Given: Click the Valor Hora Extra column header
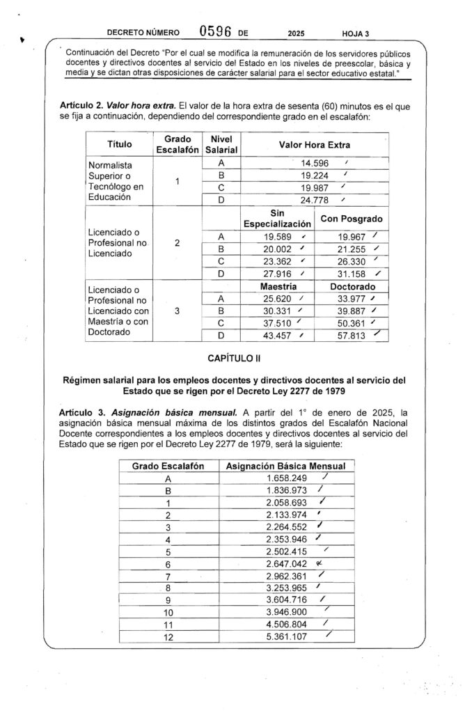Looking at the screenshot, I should click(315, 144).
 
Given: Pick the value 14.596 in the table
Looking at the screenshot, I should click(306, 164).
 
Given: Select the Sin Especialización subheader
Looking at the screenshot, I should click(276, 219).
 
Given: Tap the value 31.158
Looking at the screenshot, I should click(351, 274).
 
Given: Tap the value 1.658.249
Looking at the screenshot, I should click(287, 478).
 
